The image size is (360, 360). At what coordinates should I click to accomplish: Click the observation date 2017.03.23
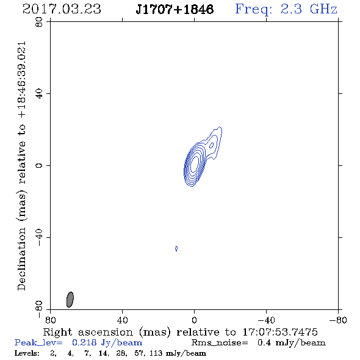tap(62, 9)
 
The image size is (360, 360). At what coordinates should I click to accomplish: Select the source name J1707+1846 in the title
tap(175, 9)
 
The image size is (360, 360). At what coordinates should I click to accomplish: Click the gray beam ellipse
tap(70, 300)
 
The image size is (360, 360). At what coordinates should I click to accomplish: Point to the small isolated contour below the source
tap(176, 248)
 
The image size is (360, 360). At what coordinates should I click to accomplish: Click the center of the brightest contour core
tap(195, 164)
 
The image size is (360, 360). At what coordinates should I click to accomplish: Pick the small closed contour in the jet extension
tap(212, 145)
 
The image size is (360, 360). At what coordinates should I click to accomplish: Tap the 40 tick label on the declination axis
tap(39, 94)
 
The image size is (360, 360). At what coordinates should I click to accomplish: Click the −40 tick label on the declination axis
tap(39, 237)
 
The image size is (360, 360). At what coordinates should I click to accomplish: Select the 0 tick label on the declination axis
tap(39, 165)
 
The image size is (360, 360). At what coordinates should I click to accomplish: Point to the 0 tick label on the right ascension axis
tap(194, 320)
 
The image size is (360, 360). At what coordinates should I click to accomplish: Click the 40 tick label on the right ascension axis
tap(122, 320)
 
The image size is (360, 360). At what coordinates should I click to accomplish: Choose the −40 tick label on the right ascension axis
tap(266, 320)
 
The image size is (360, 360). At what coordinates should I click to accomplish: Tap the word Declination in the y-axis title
tap(21, 259)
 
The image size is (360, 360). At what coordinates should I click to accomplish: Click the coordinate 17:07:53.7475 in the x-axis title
tap(280, 332)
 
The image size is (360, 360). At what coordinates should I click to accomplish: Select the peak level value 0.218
tap(84, 342)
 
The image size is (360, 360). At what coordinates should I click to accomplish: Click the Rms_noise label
tap(220, 343)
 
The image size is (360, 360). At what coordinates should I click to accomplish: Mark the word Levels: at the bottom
tap(27, 353)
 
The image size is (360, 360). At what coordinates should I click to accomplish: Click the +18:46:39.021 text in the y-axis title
tap(22, 80)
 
